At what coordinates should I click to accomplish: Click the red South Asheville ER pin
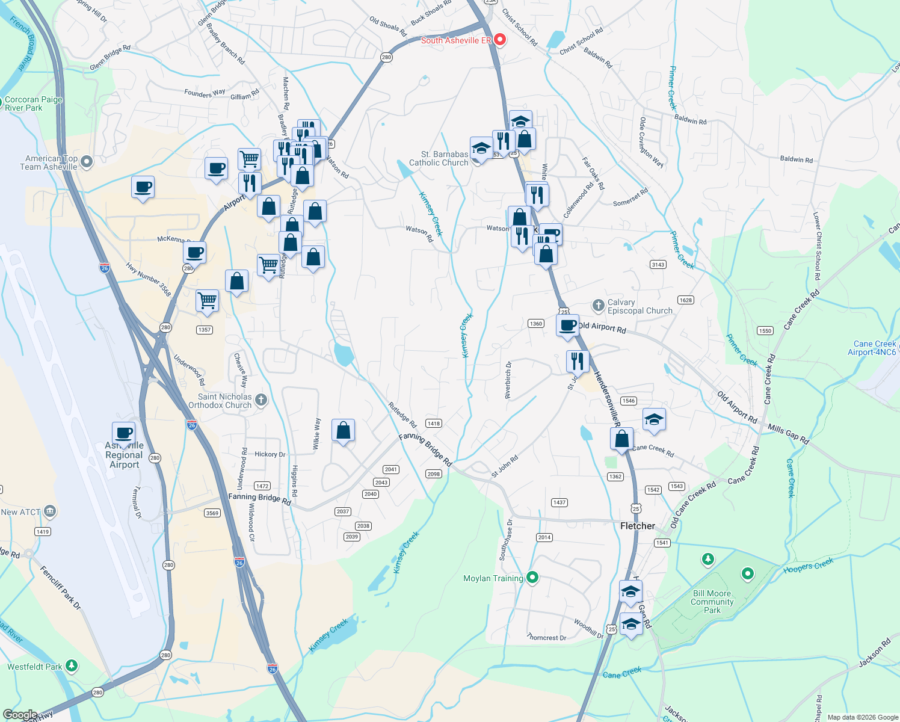coord(500,40)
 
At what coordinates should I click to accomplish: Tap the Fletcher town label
coord(638,526)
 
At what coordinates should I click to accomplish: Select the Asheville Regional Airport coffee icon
coord(124,433)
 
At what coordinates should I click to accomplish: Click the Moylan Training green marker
coord(532,578)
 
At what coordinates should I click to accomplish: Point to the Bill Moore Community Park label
coord(712,602)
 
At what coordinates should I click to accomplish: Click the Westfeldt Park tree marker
coord(72,666)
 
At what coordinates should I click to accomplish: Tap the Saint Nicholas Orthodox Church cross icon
coord(260,400)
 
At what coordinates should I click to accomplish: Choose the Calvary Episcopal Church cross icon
coord(598,306)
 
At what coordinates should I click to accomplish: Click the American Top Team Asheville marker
coord(87,161)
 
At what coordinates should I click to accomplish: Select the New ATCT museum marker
coord(50,512)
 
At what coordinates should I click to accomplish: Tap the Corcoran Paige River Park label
coord(33,103)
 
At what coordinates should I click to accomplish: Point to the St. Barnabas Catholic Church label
coord(439,158)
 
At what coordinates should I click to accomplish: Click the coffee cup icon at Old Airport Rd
coord(567,326)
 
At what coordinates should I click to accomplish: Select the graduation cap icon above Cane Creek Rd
coord(653,419)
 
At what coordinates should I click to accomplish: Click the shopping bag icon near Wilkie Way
coord(343,431)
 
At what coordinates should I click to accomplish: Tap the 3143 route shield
coord(658,265)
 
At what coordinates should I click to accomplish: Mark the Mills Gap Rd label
coord(788,434)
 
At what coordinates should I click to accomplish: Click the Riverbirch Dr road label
coord(508,380)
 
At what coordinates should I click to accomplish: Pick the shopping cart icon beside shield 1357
coord(207,300)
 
